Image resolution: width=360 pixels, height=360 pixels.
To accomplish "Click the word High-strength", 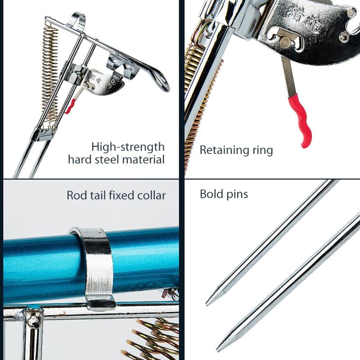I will (x=128, y=147).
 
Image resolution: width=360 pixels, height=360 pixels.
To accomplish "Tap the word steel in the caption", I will (x=116, y=159).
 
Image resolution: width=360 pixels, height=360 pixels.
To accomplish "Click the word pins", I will (x=238, y=194).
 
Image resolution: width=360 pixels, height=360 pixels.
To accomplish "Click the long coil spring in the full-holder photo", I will (x=49, y=72).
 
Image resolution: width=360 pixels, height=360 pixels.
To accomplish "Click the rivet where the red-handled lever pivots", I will (x=285, y=42).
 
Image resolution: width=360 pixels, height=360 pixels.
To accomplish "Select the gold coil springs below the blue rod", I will (x=153, y=340).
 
